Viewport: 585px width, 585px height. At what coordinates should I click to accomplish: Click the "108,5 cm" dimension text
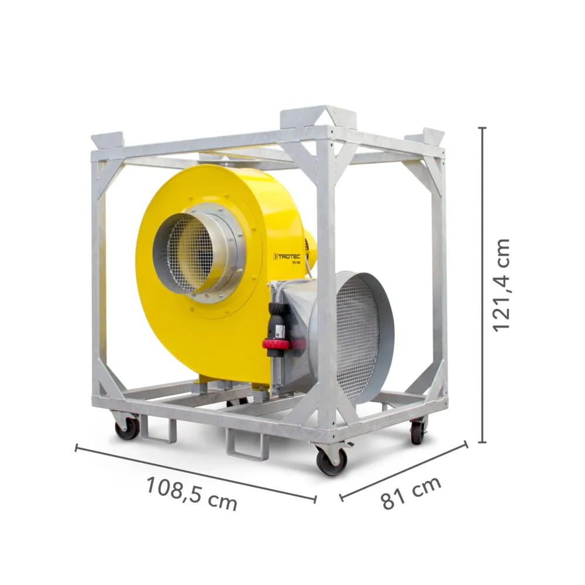pyautogui.click(x=191, y=494)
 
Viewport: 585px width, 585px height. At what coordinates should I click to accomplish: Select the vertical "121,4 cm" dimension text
pyautogui.click(x=501, y=284)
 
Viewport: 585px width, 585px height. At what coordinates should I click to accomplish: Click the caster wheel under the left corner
pyautogui.click(x=127, y=428)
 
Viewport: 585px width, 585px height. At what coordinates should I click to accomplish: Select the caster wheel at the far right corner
pyautogui.click(x=417, y=432)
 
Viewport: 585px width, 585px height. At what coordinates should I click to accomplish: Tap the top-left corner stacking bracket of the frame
pyautogui.click(x=108, y=140)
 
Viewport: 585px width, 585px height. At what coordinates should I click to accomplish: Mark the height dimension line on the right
pyautogui.click(x=483, y=284)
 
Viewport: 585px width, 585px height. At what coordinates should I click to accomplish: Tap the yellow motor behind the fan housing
pyautogui.click(x=310, y=246)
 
